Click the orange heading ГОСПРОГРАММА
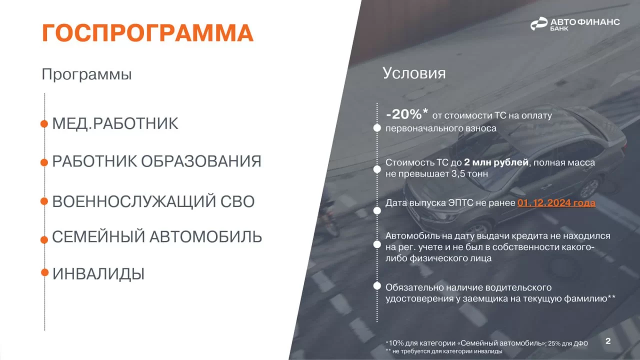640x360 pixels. click(x=147, y=33)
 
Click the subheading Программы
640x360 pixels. click(x=86, y=74)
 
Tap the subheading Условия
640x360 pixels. click(x=414, y=73)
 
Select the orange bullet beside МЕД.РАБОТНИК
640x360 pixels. click(x=44, y=123)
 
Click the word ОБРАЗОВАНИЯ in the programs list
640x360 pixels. click(x=201, y=161)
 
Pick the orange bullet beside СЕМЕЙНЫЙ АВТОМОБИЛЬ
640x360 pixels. click(x=44, y=239)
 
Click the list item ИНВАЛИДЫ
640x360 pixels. click(x=98, y=273)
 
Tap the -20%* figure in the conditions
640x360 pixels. click(x=407, y=114)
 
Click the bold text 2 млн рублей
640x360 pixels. click(x=496, y=162)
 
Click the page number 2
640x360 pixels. click(x=608, y=341)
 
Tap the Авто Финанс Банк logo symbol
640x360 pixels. click(x=539, y=23)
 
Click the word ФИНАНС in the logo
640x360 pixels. click(x=598, y=22)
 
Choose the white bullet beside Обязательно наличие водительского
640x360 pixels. click(x=377, y=286)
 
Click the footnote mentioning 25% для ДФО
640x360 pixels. click(x=487, y=343)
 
